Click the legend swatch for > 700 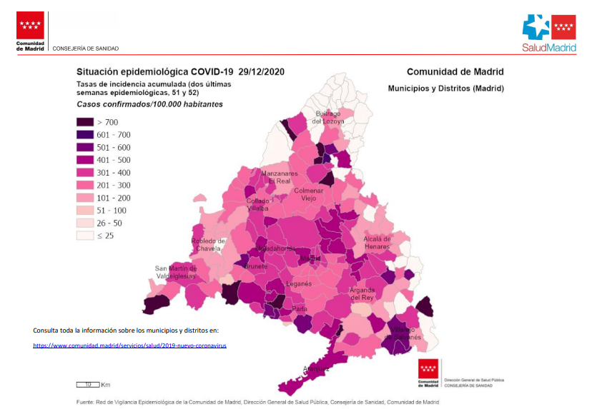point(85,122)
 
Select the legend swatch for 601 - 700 point(85,134)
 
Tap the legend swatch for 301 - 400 point(85,172)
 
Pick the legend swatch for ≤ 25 point(85,235)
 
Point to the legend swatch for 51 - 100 point(85,210)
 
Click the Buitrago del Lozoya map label point(330,117)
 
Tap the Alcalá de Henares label point(377,243)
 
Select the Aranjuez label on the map point(315,369)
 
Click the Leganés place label point(298,283)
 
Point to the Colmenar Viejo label point(309,194)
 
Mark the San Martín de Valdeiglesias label point(176,273)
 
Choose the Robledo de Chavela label point(207,245)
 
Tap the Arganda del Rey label point(362,293)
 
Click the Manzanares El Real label point(279,178)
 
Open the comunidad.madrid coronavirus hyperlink point(129,345)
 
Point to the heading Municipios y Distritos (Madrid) point(445,89)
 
